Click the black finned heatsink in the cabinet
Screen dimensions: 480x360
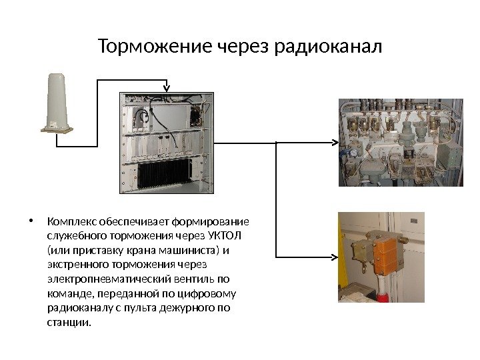(163, 175)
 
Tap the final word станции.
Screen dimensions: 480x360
(67, 323)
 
